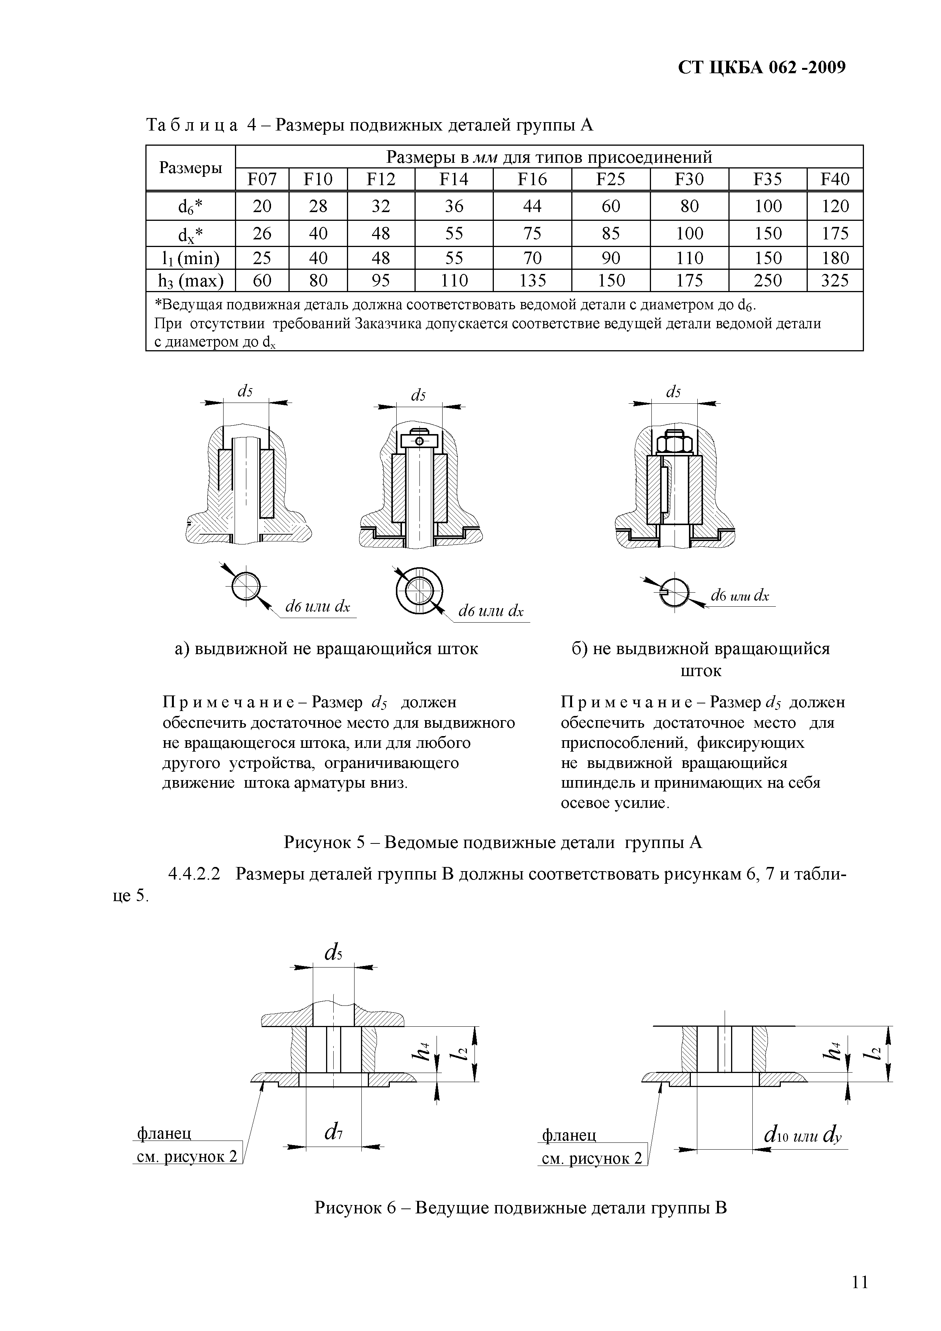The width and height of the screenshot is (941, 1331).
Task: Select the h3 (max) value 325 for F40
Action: point(835,280)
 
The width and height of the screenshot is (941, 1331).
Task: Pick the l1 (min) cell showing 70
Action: point(532,258)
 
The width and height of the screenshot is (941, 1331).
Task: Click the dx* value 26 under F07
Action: point(262,234)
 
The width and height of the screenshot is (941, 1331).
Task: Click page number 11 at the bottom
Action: point(860,1282)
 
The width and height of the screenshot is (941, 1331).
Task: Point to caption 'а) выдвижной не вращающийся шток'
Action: point(326,649)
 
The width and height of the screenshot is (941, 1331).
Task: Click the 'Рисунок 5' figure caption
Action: point(493,842)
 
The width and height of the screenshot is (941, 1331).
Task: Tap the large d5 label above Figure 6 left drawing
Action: point(333,952)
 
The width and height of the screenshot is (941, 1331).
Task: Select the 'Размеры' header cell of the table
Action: point(191,168)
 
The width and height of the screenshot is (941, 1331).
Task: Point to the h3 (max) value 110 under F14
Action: point(454,280)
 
